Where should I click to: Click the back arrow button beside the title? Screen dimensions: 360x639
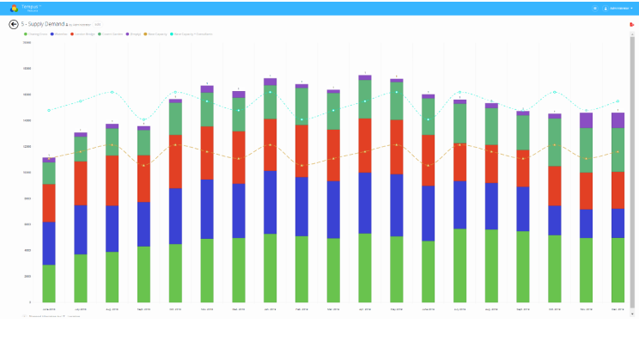[14, 24]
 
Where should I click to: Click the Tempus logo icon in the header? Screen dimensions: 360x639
[14, 8]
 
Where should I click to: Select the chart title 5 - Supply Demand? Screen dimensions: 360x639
[40, 24]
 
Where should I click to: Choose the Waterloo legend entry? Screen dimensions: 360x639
[58, 34]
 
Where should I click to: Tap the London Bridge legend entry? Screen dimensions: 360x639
[83, 34]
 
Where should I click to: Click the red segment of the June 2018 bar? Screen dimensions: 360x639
[49, 203]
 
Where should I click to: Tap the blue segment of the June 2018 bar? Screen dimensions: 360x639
[49, 243]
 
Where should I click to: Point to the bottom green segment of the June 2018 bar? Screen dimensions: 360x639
[49, 284]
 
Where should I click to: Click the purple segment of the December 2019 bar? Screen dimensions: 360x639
[618, 119]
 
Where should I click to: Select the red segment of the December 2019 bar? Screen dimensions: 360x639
[618, 190]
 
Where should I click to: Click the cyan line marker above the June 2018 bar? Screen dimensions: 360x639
[49, 110]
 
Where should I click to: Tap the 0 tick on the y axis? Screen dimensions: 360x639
[30, 302]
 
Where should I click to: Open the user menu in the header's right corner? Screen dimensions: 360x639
[618, 8]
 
